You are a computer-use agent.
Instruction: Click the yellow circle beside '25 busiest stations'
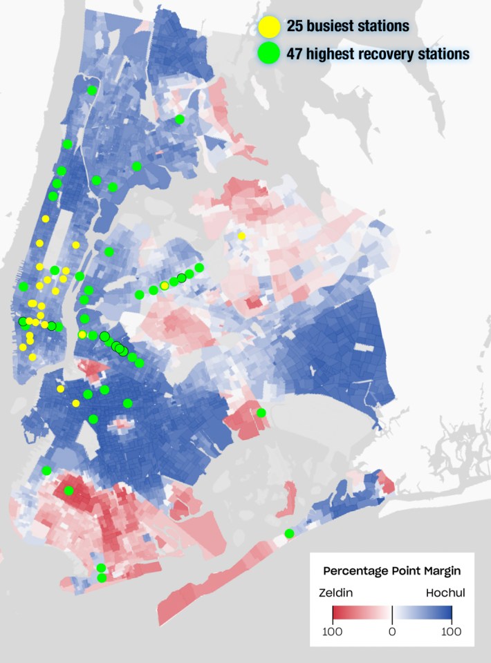[x=269, y=26]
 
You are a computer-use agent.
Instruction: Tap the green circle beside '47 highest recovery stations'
[x=269, y=52]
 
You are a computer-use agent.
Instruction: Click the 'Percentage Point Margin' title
[x=392, y=572]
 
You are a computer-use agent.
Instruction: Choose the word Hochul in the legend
[x=445, y=593]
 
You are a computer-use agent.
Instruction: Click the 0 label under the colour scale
[x=392, y=631]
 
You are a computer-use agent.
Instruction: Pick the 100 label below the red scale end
[x=333, y=631]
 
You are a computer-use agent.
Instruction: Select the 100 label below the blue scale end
[x=452, y=631]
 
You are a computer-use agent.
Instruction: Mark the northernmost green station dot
[x=92, y=90]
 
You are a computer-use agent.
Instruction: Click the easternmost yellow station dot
[x=241, y=236]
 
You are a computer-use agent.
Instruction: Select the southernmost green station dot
[x=102, y=578]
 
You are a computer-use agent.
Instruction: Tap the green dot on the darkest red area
[x=68, y=490]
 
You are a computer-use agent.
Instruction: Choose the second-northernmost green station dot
[x=180, y=119]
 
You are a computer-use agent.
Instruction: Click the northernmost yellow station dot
[x=46, y=219]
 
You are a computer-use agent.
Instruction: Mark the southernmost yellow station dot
[x=76, y=403]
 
